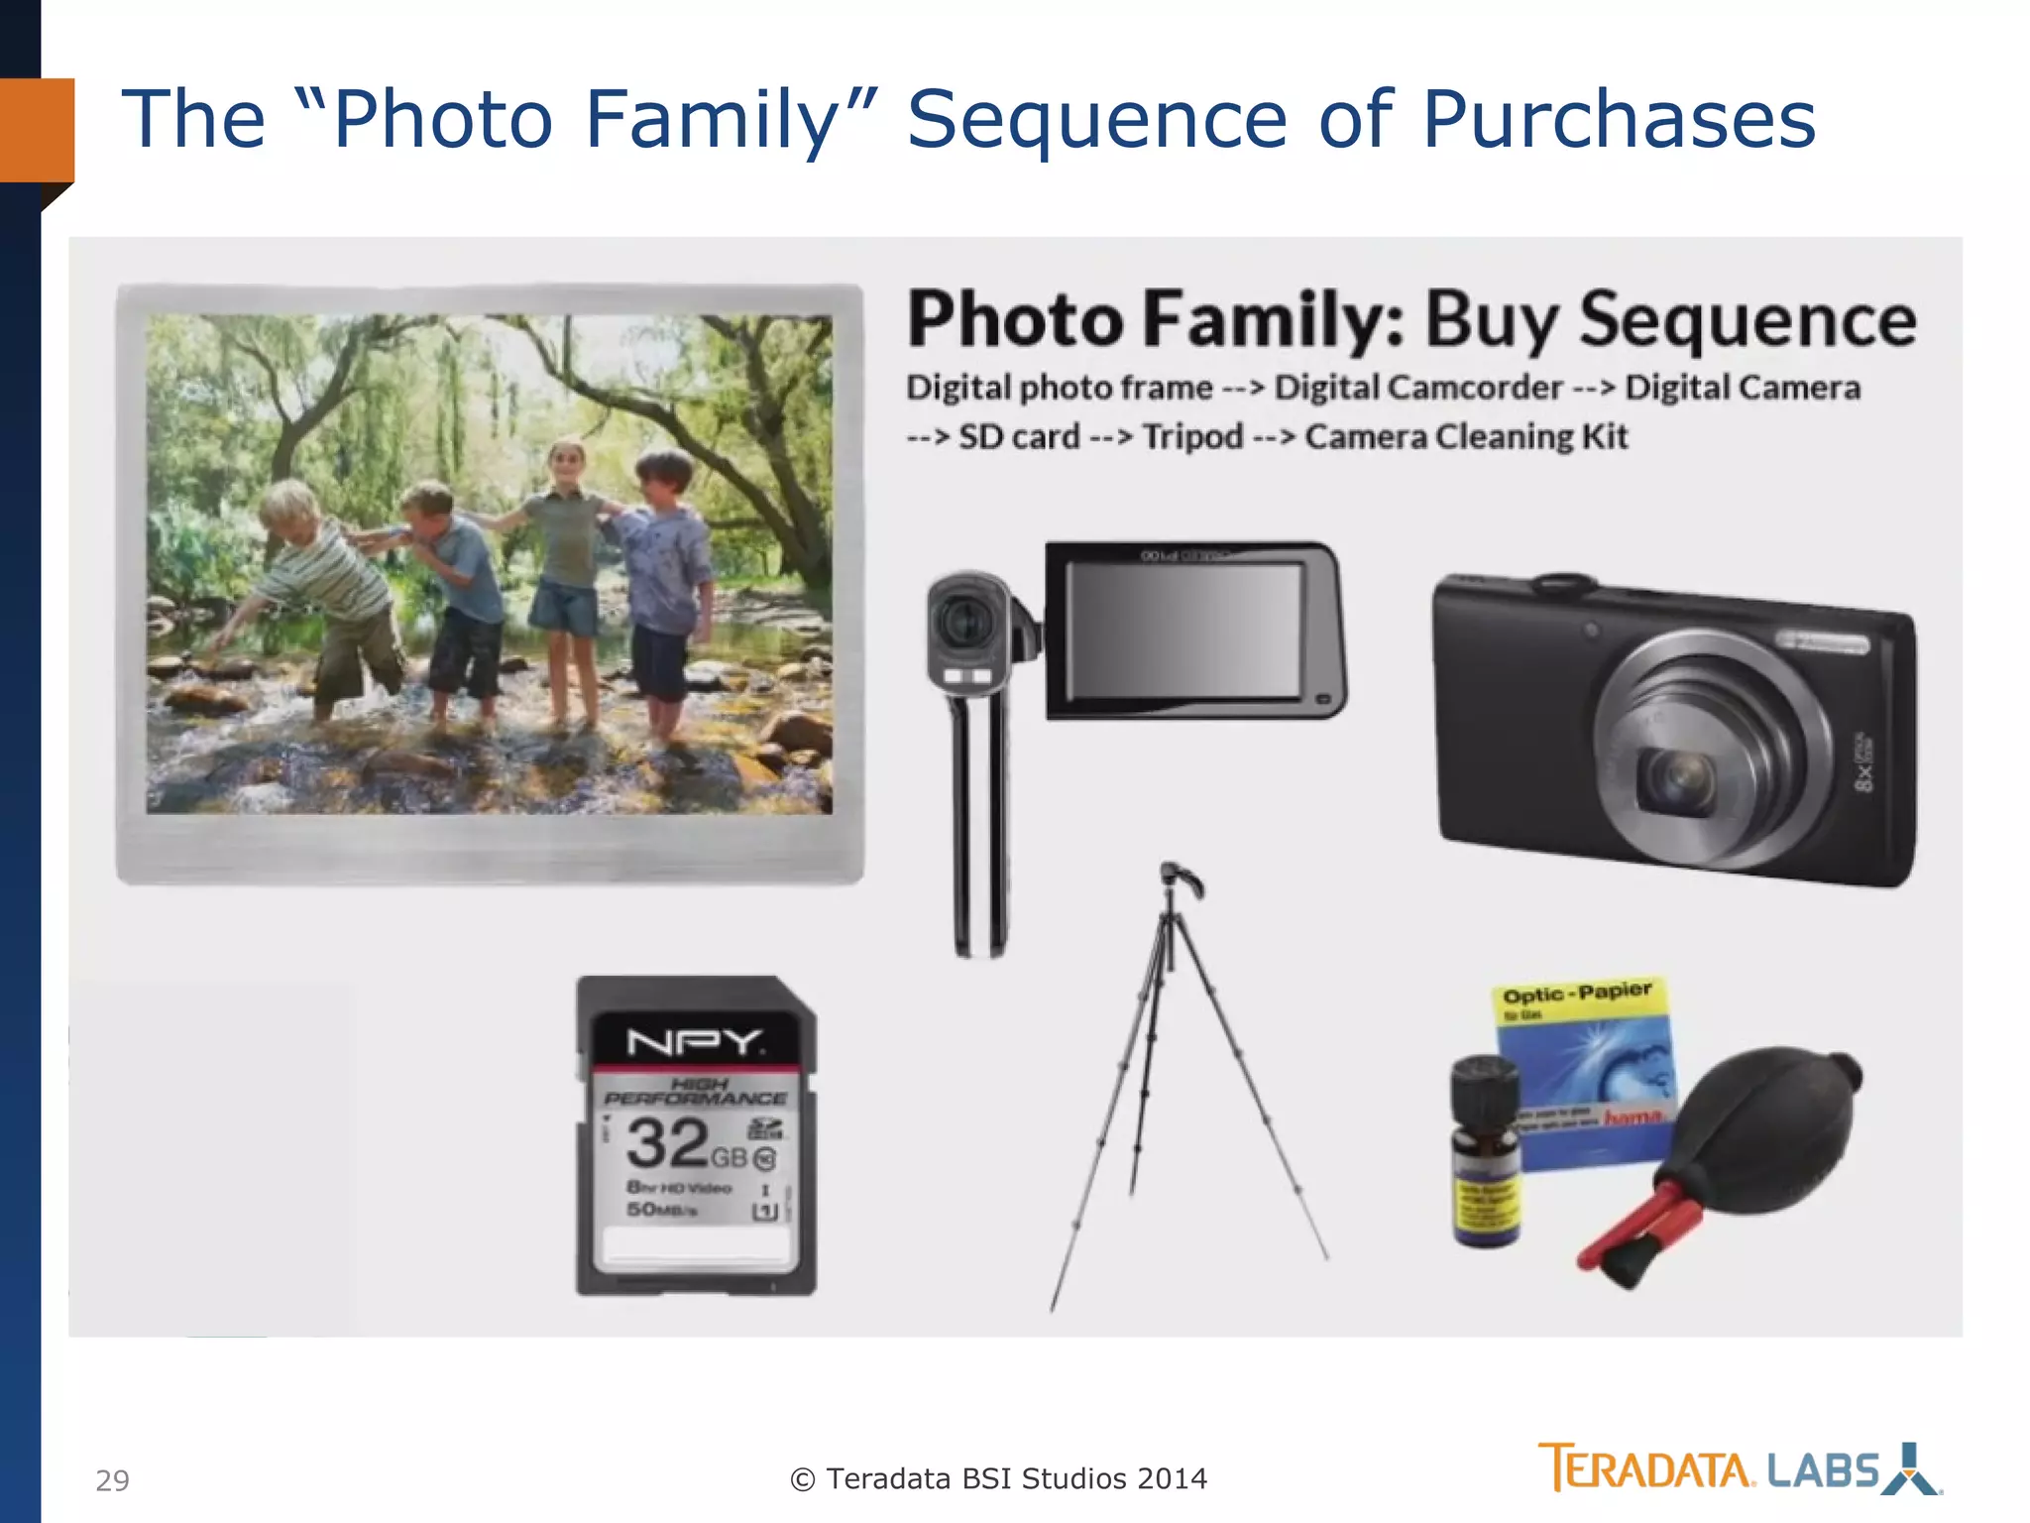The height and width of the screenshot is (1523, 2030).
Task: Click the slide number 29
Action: coord(112,1480)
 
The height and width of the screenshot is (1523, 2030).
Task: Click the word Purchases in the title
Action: coord(1618,120)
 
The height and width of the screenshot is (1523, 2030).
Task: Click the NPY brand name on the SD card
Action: coord(695,1042)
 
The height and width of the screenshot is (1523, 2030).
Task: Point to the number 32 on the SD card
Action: coord(667,1143)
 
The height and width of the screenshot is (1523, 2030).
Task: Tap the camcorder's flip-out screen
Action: coord(1185,629)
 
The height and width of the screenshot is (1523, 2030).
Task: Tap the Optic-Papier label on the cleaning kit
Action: coord(1576,994)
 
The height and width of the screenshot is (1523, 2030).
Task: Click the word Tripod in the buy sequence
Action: coord(1192,436)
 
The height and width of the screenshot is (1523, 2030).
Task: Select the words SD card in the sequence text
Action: coord(1018,436)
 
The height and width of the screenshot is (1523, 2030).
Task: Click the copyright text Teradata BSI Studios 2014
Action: coord(999,1478)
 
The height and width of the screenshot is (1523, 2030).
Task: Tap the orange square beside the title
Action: coord(37,130)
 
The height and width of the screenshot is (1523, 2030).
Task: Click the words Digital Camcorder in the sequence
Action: coord(1418,388)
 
